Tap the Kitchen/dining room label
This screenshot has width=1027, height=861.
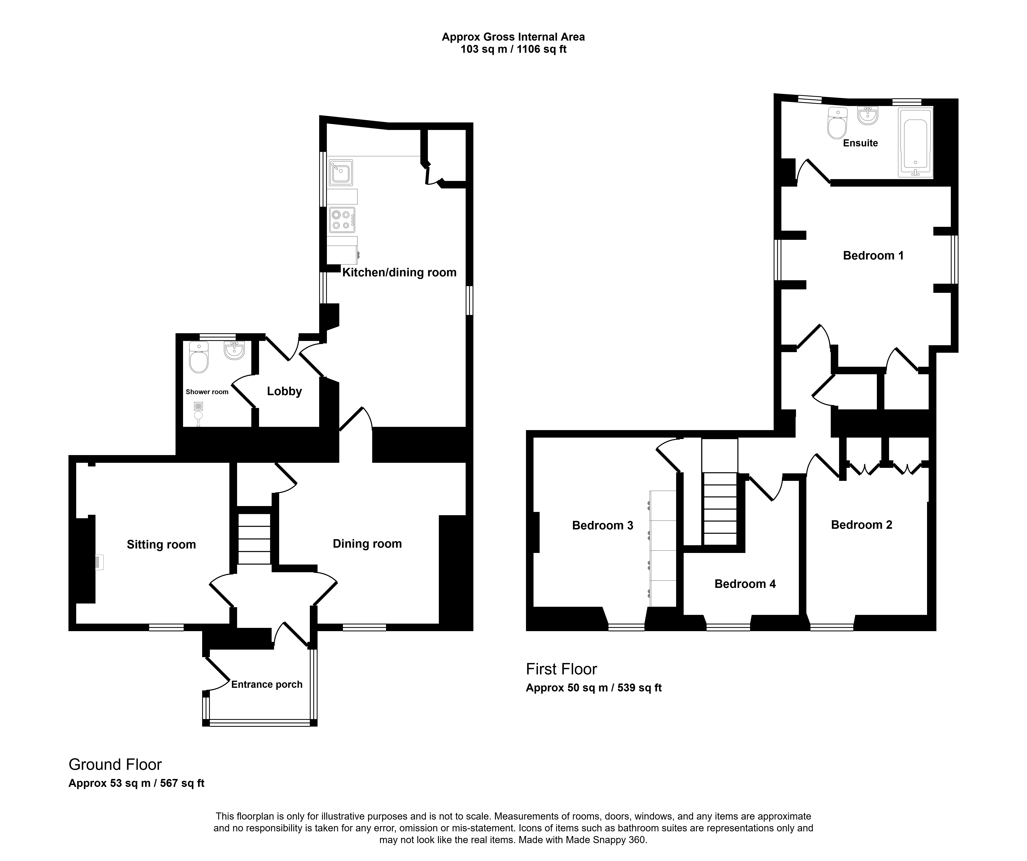[399, 272]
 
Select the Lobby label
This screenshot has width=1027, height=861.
[284, 391]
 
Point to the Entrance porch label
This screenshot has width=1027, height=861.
[267, 685]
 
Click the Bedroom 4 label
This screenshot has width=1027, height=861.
[745, 584]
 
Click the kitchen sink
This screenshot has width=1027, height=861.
[341, 173]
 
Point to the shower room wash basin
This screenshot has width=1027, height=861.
[234, 350]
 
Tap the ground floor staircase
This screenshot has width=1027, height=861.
[254, 538]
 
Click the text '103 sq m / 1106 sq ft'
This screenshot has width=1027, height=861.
[514, 49]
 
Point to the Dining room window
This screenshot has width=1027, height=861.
[364, 627]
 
